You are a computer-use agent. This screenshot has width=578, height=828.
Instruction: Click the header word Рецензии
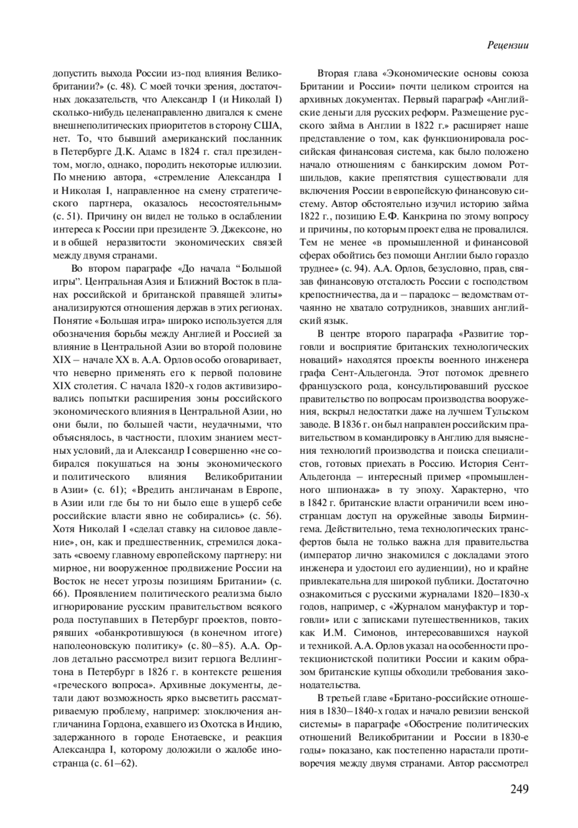click(x=508, y=45)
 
